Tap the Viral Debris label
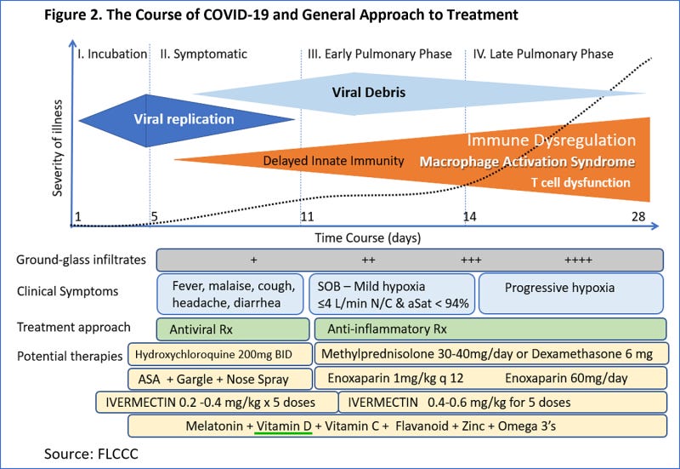pos(368,92)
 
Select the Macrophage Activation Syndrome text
pos(527,162)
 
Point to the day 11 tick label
pos(307,216)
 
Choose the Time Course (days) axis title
pos(367,237)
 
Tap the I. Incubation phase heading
pos(112,54)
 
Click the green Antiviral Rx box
pos(232,329)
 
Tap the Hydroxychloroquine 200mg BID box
pos(218,353)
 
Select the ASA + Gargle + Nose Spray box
pos(218,379)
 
